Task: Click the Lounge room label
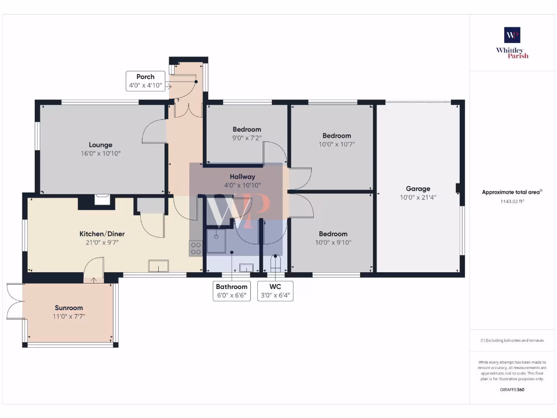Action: point(101,145)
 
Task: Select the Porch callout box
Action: point(145,81)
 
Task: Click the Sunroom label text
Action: point(69,308)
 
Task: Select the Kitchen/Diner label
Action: point(98,233)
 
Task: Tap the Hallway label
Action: point(242,176)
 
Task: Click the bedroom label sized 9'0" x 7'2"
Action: point(246,129)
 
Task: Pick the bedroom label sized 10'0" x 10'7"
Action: point(336,136)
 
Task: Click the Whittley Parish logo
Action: point(512,42)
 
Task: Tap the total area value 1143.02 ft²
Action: point(512,201)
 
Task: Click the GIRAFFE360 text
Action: point(512,390)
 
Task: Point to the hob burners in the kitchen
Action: point(196,249)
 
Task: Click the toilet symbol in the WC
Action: point(275,263)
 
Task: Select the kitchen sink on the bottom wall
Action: point(158,266)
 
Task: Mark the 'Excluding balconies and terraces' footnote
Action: point(512,340)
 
